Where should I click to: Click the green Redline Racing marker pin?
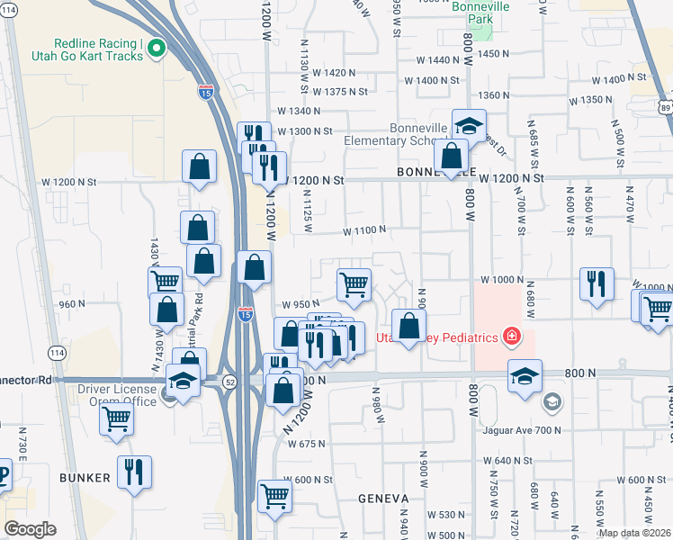coord(157,49)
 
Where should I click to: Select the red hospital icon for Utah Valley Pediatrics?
coord(512,337)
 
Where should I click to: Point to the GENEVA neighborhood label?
coord(384,498)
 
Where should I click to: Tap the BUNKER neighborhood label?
coord(86,477)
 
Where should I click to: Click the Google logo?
coord(30,528)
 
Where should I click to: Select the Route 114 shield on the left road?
coord(58,352)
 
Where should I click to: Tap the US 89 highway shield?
coord(665,107)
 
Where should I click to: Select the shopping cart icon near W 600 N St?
coord(274,495)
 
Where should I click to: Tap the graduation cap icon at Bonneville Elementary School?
coord(469,125)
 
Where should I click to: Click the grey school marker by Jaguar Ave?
coord(552,402)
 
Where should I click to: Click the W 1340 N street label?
coord(299,111)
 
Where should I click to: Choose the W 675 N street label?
coord(305,444)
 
